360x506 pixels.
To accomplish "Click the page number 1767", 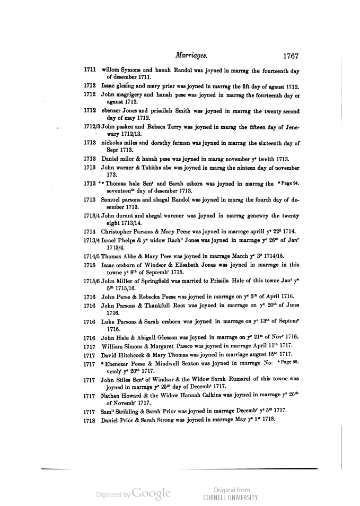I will coord(291,55).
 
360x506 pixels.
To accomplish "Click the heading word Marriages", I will coord(191,55).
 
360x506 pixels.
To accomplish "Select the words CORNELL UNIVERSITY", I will coord(231,498).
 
